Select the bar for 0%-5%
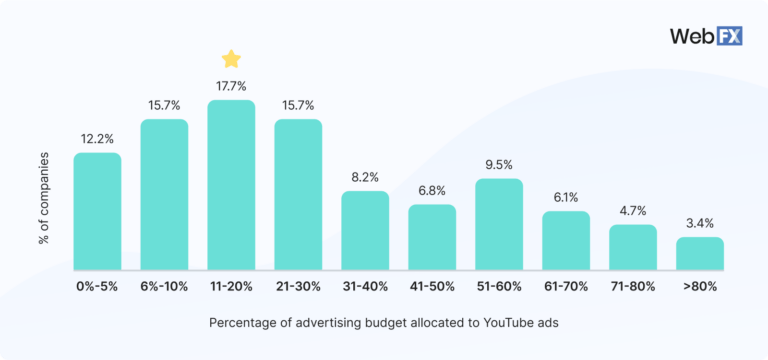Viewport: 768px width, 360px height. [97, 211]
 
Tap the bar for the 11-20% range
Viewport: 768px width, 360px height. [231, 185]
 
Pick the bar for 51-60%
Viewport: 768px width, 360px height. [499, 225]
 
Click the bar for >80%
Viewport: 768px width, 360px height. [700, 254]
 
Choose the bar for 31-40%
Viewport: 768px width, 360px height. [365, 231]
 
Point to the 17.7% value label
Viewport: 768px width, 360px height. [231, 85]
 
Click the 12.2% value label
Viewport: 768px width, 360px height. [97, 138]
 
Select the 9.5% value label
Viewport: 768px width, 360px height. [499, 164]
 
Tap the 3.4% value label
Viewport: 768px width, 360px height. [700, 222]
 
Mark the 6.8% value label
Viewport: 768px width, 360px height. [432, 190]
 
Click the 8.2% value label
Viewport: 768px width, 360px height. [365, 177]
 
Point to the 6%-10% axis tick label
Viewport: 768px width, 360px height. [164, 286]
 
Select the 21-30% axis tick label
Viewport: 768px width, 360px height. [298, 286]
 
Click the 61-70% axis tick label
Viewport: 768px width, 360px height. [566, 286]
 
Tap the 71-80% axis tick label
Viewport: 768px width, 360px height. [633, 286]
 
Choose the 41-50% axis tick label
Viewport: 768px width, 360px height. [432, 286]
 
